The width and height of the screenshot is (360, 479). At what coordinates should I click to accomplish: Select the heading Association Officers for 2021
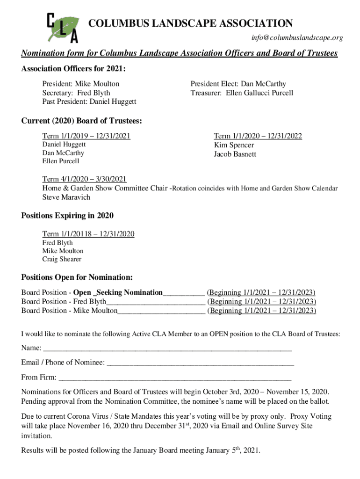tap(73, 69)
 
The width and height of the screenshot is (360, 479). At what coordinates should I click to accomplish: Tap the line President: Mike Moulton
tap(81, 84)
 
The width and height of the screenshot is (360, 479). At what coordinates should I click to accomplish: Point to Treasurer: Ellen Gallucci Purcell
tap(242, 93)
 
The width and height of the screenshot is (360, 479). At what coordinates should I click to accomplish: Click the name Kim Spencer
tap(234, 145)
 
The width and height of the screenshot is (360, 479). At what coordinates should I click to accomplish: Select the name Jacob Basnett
tap(235, 154)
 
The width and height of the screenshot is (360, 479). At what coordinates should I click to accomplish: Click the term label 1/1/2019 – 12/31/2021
tap(86, 136)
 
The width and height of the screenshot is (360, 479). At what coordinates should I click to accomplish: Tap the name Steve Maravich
tap(66, 197)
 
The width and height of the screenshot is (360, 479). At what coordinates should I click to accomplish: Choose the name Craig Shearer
tap(62, 259)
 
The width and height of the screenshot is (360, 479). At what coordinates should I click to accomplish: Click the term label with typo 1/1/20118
tap(88, 234)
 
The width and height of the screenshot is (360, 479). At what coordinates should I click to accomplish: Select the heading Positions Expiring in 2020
tap(67, 216)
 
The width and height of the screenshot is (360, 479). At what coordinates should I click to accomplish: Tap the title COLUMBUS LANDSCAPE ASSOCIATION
tap(191, 23)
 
